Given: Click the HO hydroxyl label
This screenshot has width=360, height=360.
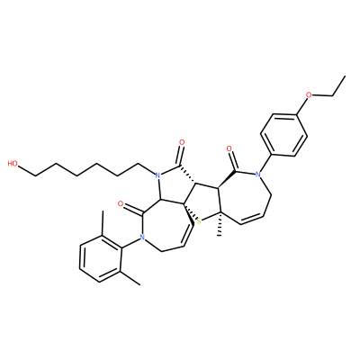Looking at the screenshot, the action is [x=13, y=164].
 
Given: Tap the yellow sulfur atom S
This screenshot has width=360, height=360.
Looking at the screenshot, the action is [x=198, y=221].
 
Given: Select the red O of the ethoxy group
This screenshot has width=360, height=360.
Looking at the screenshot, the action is [x=309, y=95].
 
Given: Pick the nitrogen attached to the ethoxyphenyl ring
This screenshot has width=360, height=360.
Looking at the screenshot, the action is [x=257, y=174].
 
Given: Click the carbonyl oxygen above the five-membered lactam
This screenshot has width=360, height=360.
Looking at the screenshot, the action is [x=181, y=141].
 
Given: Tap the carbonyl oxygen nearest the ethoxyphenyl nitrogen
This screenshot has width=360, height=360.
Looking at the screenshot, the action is [x=229, y=148].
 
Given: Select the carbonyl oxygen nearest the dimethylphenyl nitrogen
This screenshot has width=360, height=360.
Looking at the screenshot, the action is [x=121, y=204].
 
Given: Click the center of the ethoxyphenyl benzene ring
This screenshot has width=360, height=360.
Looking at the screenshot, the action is [x=283, y=134].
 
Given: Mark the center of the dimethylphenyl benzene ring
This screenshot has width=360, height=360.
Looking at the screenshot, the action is [x=101, y=260].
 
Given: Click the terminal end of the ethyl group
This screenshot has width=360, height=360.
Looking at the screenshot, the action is [x=346, y=76].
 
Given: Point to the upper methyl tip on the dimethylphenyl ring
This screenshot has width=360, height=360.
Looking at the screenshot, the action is [x=103, y=211].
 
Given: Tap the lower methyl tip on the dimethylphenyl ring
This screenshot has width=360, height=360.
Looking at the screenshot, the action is [x=139, y=284].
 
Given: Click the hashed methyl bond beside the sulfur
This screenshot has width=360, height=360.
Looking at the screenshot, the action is [x=220, y=224].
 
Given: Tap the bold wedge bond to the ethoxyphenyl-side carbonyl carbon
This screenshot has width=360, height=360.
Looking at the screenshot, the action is [x=227, y=180].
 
